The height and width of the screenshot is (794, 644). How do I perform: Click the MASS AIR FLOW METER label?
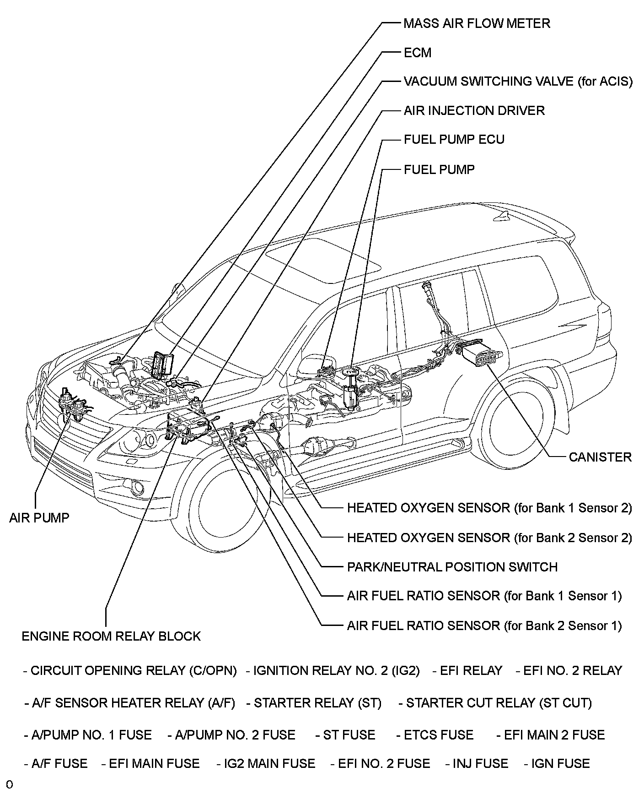[x=477, y=23]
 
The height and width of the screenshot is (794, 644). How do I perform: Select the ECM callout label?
[x=417, y=53]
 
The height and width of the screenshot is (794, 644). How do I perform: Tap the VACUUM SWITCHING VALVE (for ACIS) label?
[x=518, y=82]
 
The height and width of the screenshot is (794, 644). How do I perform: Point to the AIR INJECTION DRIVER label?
[x=474, y=111]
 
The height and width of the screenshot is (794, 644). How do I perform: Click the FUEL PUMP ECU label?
[x=454, y=140]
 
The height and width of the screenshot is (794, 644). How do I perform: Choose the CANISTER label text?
[x=600, y=457]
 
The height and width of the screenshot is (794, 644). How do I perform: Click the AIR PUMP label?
[x=39, y=518]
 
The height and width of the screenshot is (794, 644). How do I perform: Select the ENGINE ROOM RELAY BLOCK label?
[x=111, y=636]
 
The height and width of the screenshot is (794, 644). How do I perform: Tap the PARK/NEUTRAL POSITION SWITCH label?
[x=452, y=567]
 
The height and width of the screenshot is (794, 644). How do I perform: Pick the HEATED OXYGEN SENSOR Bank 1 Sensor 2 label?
[x=489, y=508]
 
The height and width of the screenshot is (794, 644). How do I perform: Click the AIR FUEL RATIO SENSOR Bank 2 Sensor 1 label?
[x=484, y=625]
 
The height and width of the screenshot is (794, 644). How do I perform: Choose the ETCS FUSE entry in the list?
[x=435, y=735]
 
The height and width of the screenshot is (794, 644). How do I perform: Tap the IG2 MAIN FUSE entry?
[x=266, y=763]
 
